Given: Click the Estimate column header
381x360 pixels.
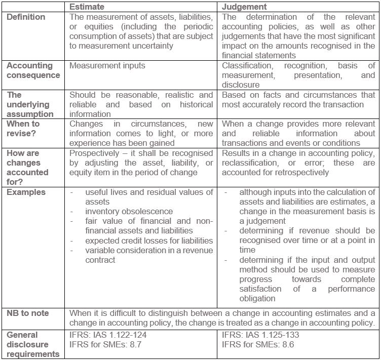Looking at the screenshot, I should click(87, 7).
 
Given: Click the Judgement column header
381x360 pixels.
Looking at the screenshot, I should click(245, 7).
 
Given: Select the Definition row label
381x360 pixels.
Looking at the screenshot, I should click(25, 17).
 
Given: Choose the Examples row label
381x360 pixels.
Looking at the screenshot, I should click(26, 192).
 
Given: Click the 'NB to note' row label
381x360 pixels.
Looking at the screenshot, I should click(27, 313).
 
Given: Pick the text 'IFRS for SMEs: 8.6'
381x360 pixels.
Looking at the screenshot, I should click(258, 345).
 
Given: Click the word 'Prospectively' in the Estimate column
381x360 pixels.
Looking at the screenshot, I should click(93, 153).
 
